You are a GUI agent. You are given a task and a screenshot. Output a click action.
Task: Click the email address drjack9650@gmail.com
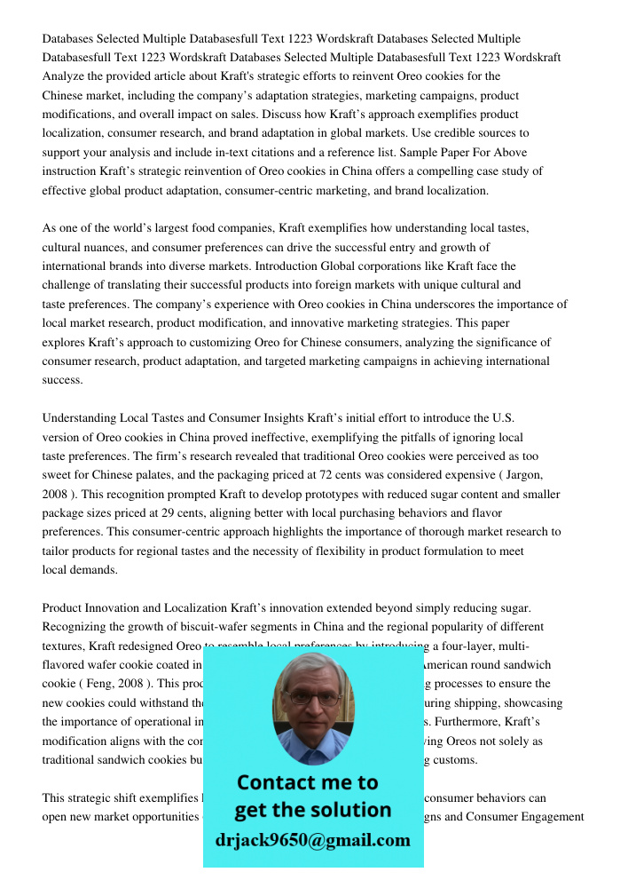pyautogui.click(x=312, y=840)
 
